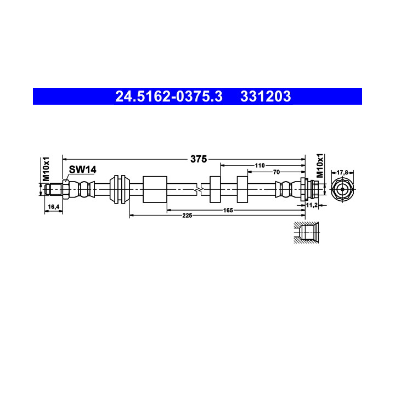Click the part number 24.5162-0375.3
pyautogui.click(x=169, y=97)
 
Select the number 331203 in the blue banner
pyautogui.click(x=266, y=97)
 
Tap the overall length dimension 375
pyautogui.click(x=199, y=159)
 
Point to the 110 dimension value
pyautogui.click(x=259, y=166)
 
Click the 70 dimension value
pyautogui.click(x=276, y=172)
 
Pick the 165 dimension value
pyautogui.click(x=228, y=210)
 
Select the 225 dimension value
pyautogui.click(x=187, y=216)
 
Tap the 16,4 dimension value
pyautogui.click(x=53, y=207)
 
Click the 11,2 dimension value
pyautogui.click(x=312, y=205)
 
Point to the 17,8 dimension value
pyautogui.click(x=342, y=173)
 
